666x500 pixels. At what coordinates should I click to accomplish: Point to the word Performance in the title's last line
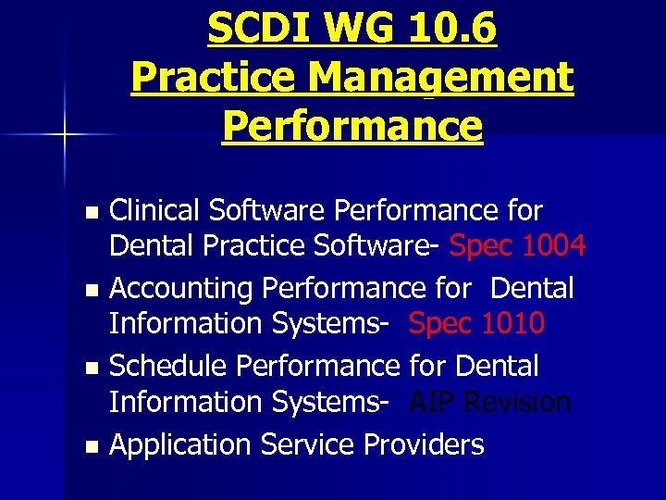[x=352, y=127]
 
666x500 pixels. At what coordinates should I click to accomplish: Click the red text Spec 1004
[x=517, y=246]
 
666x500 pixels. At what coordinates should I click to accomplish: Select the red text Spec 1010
[x=476, y=324]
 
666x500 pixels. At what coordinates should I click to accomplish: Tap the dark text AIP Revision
[x=490, y=403]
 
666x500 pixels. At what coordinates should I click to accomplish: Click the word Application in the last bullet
[x=181, y=444]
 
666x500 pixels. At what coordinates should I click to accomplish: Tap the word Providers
[x=424, y=444]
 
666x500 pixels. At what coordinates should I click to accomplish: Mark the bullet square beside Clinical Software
[x=90, y=212]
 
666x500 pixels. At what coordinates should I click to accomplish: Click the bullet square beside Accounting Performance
[x=90, y=290]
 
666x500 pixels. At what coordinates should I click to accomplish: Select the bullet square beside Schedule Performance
[x=90, y=368]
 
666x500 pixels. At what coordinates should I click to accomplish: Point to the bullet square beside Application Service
[x=90, y=446]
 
